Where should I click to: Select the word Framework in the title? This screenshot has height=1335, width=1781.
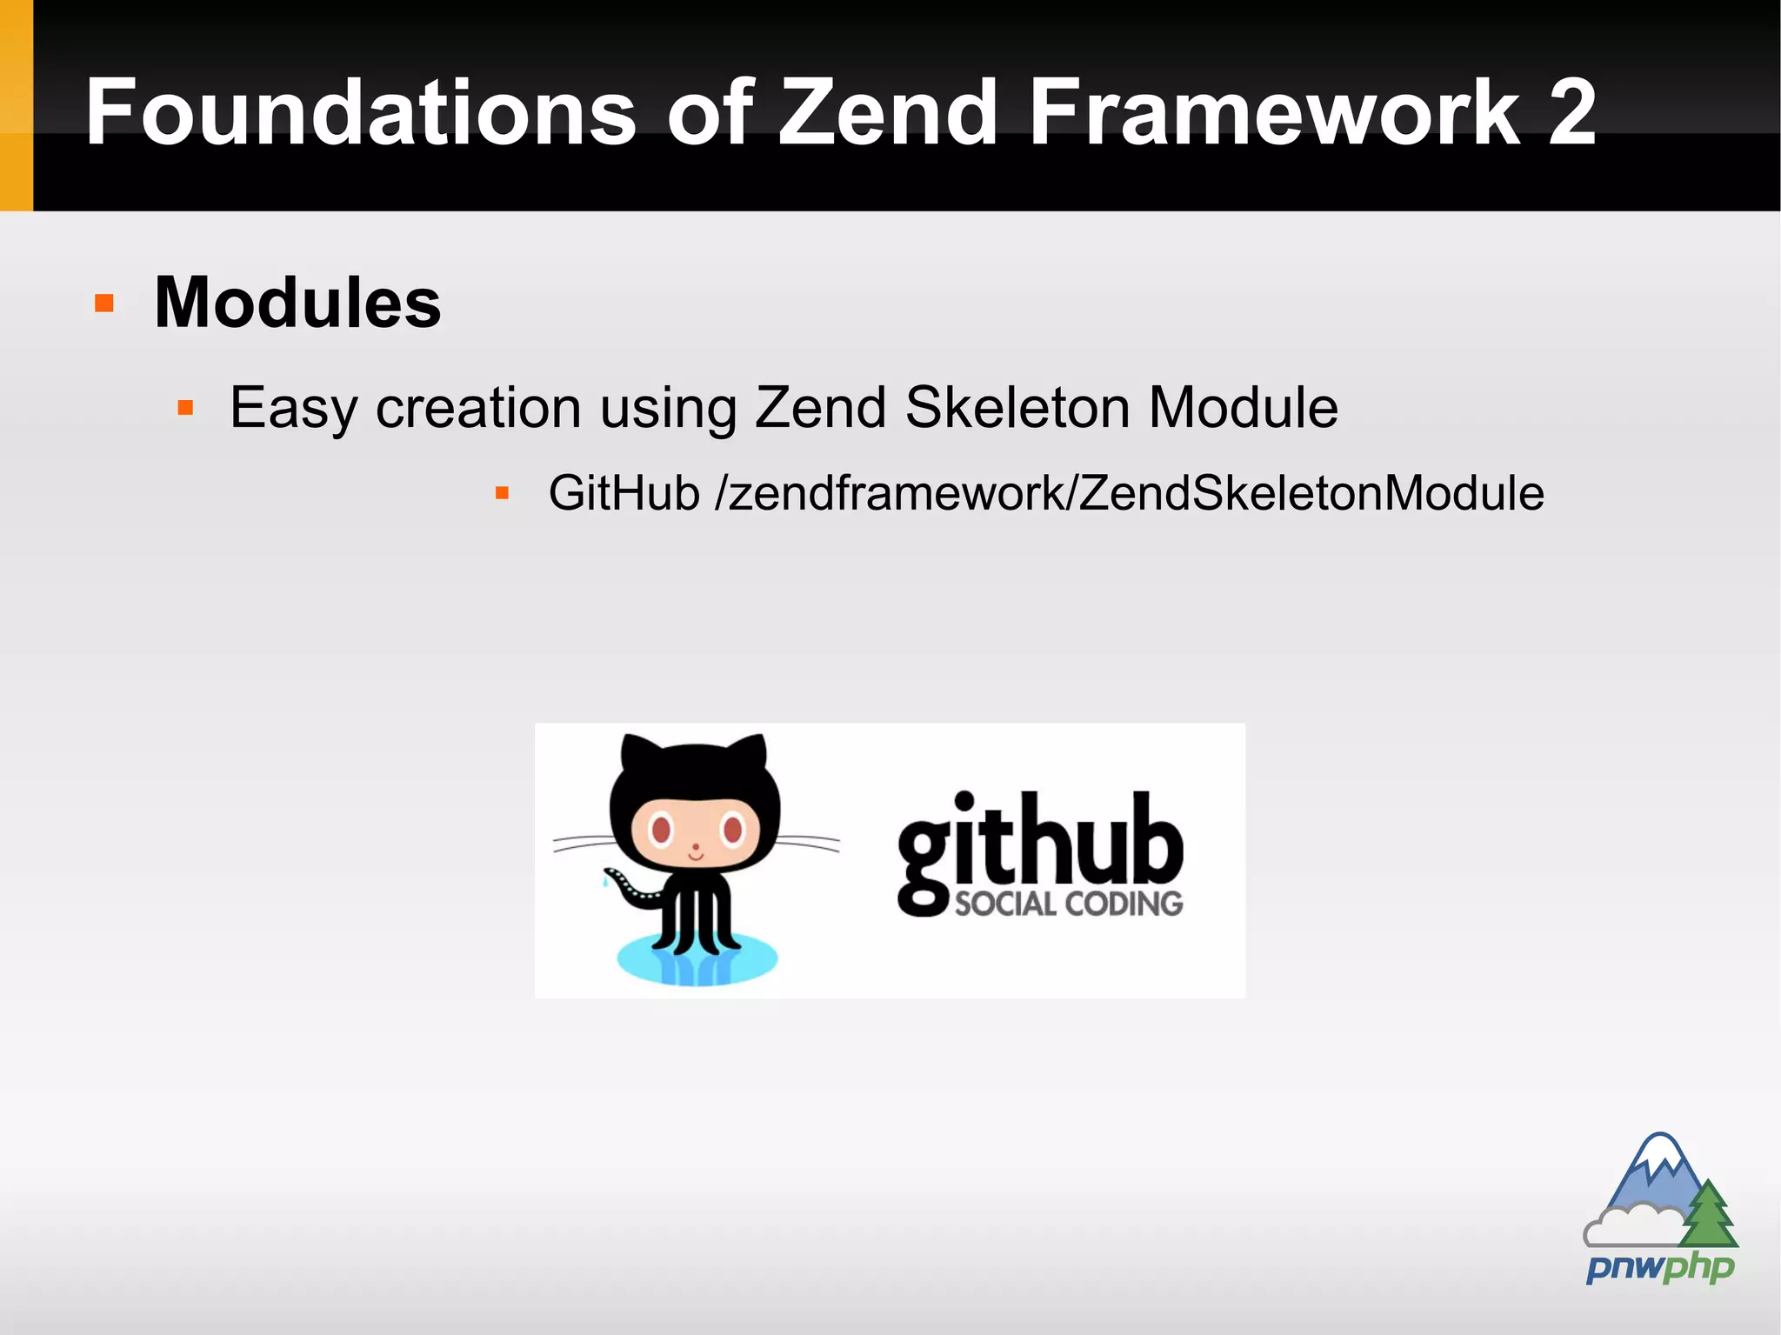click(1275, 113)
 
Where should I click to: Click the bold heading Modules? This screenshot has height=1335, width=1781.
click(297, 303)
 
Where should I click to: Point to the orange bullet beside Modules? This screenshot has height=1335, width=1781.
click(104, 304)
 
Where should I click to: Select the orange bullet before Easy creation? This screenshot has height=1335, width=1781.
click(185, 407)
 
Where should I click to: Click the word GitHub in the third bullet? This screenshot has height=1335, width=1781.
click(624, 493)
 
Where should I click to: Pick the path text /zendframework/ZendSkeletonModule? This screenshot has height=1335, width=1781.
click(1129, 493)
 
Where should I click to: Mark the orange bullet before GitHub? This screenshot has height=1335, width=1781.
click(502, 493)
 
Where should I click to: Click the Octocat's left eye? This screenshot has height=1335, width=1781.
click(661, 829)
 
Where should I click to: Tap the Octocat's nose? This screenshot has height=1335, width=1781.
click(695, 846)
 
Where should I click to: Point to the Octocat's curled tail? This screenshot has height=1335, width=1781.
click(630, 891)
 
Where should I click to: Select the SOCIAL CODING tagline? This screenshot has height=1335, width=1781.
click(1069, 904)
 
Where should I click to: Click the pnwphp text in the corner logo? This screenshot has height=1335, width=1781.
click(1660, 1267)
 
